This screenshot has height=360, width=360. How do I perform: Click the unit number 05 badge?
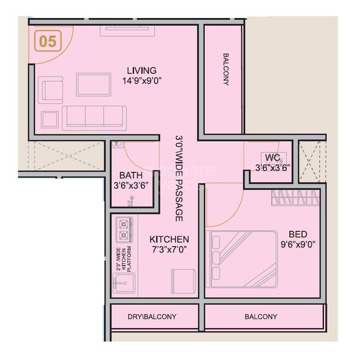[x=48, y=41]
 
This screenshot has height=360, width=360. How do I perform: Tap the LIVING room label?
[x=141, y=71]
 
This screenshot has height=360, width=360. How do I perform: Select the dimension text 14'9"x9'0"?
[x=141, y=81]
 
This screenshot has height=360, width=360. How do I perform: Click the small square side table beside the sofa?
[x=49, y=120]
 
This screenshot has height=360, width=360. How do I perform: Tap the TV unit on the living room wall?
[x=128, y=30]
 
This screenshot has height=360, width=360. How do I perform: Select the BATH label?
[x=130, y=175]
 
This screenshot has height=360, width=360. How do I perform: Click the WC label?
[x=273, y=157]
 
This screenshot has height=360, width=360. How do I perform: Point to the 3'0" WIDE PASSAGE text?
[x=179, y=178]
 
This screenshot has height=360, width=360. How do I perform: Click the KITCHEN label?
[x=169, y=239]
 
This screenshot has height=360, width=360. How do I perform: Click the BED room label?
[x=297, y=234]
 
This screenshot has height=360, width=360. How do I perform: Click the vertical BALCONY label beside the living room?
[x=225, y=70]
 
